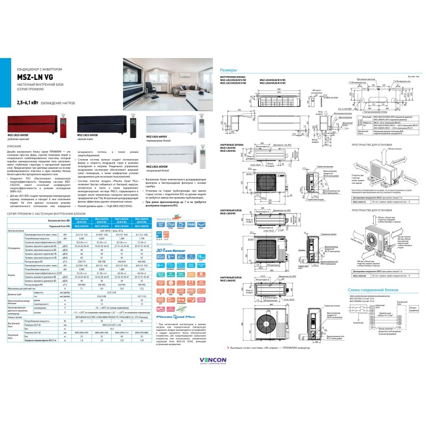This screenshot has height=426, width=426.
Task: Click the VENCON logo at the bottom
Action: (x=213, y=361)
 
